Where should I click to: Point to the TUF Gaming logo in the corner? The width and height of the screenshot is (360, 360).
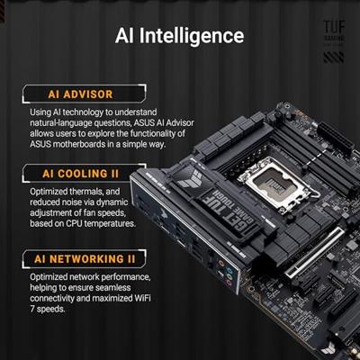click(335, 31)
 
